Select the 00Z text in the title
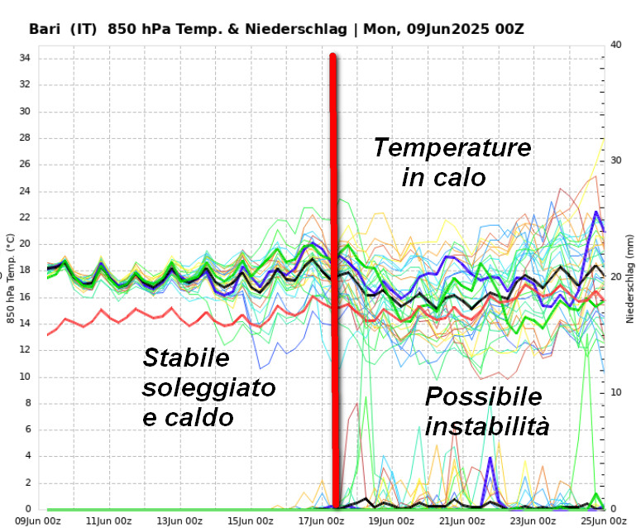505,29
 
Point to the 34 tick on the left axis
25,58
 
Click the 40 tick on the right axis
616,45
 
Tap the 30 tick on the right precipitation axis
616,161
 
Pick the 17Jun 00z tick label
321,521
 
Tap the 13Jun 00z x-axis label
179,521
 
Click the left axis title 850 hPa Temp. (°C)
11,277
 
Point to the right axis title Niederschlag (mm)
629,277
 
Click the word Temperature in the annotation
452,148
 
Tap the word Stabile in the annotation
185,358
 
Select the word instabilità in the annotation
487,427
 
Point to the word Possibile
483,396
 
